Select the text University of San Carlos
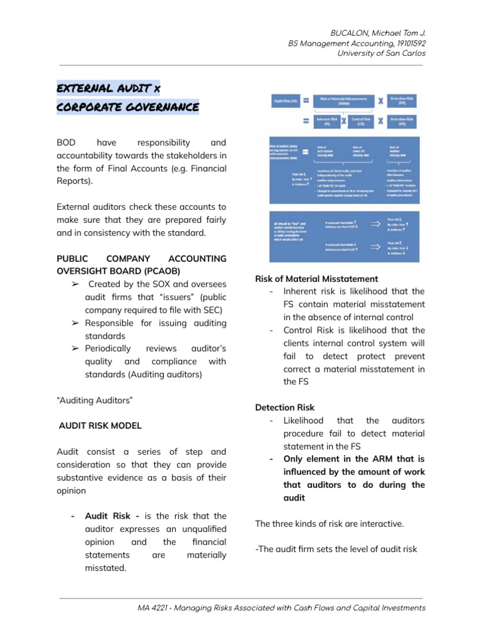pos(382,53)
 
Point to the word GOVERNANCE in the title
pos(163,107)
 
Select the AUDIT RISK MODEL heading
pos(100,425)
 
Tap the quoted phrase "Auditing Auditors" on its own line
pos(95,400)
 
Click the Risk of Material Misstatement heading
pos(316,278)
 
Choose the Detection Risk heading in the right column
pos(285,408)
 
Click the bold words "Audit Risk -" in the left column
pos(112,516)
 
